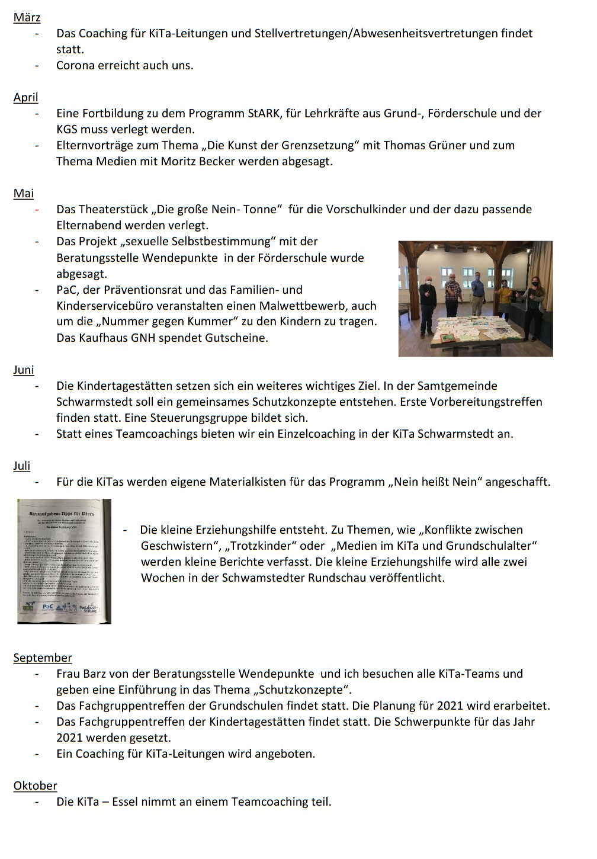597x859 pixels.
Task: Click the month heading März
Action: point(27,17)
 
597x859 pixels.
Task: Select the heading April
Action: point(25,97)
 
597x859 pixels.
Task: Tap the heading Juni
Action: point(24,370)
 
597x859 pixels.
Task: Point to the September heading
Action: point(43,658)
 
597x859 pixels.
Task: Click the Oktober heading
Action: point(35,786)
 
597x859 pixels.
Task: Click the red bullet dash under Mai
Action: point(37,209)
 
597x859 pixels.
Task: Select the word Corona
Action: point(75,65)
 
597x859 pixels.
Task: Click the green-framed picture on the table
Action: point(448,337)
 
